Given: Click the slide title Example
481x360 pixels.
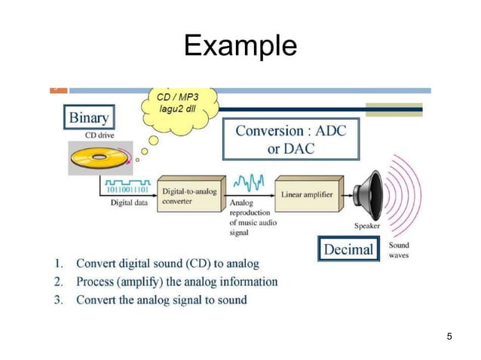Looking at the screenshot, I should pos(240,47).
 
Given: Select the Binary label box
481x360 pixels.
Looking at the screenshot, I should pos(89,117).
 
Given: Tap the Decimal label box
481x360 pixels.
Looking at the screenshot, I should pos(348,248).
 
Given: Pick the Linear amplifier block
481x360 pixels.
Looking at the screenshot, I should pos(308,194).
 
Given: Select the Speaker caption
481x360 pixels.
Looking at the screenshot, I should pos(367,225).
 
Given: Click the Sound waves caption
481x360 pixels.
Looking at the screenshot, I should pos(399,250).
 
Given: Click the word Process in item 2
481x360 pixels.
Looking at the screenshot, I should pos(100,282).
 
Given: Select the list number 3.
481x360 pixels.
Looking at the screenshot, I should pos(58,300).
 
